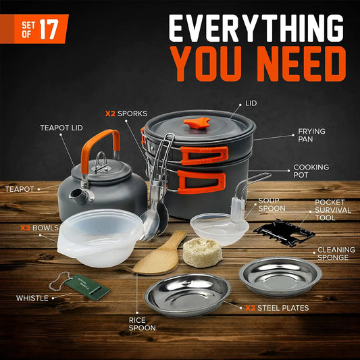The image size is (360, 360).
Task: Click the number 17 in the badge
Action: pos(49,29)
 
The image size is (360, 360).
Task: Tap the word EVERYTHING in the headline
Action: pos(257,28)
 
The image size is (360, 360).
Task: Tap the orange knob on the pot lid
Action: pos(197,124)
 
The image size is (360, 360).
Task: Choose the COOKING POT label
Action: pos(311,172)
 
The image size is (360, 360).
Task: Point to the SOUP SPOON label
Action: pos(274,205)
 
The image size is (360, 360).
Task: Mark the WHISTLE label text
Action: pos(33,298)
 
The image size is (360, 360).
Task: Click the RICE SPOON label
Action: pos(143,324)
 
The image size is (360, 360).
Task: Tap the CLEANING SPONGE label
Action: pos(336,254)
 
